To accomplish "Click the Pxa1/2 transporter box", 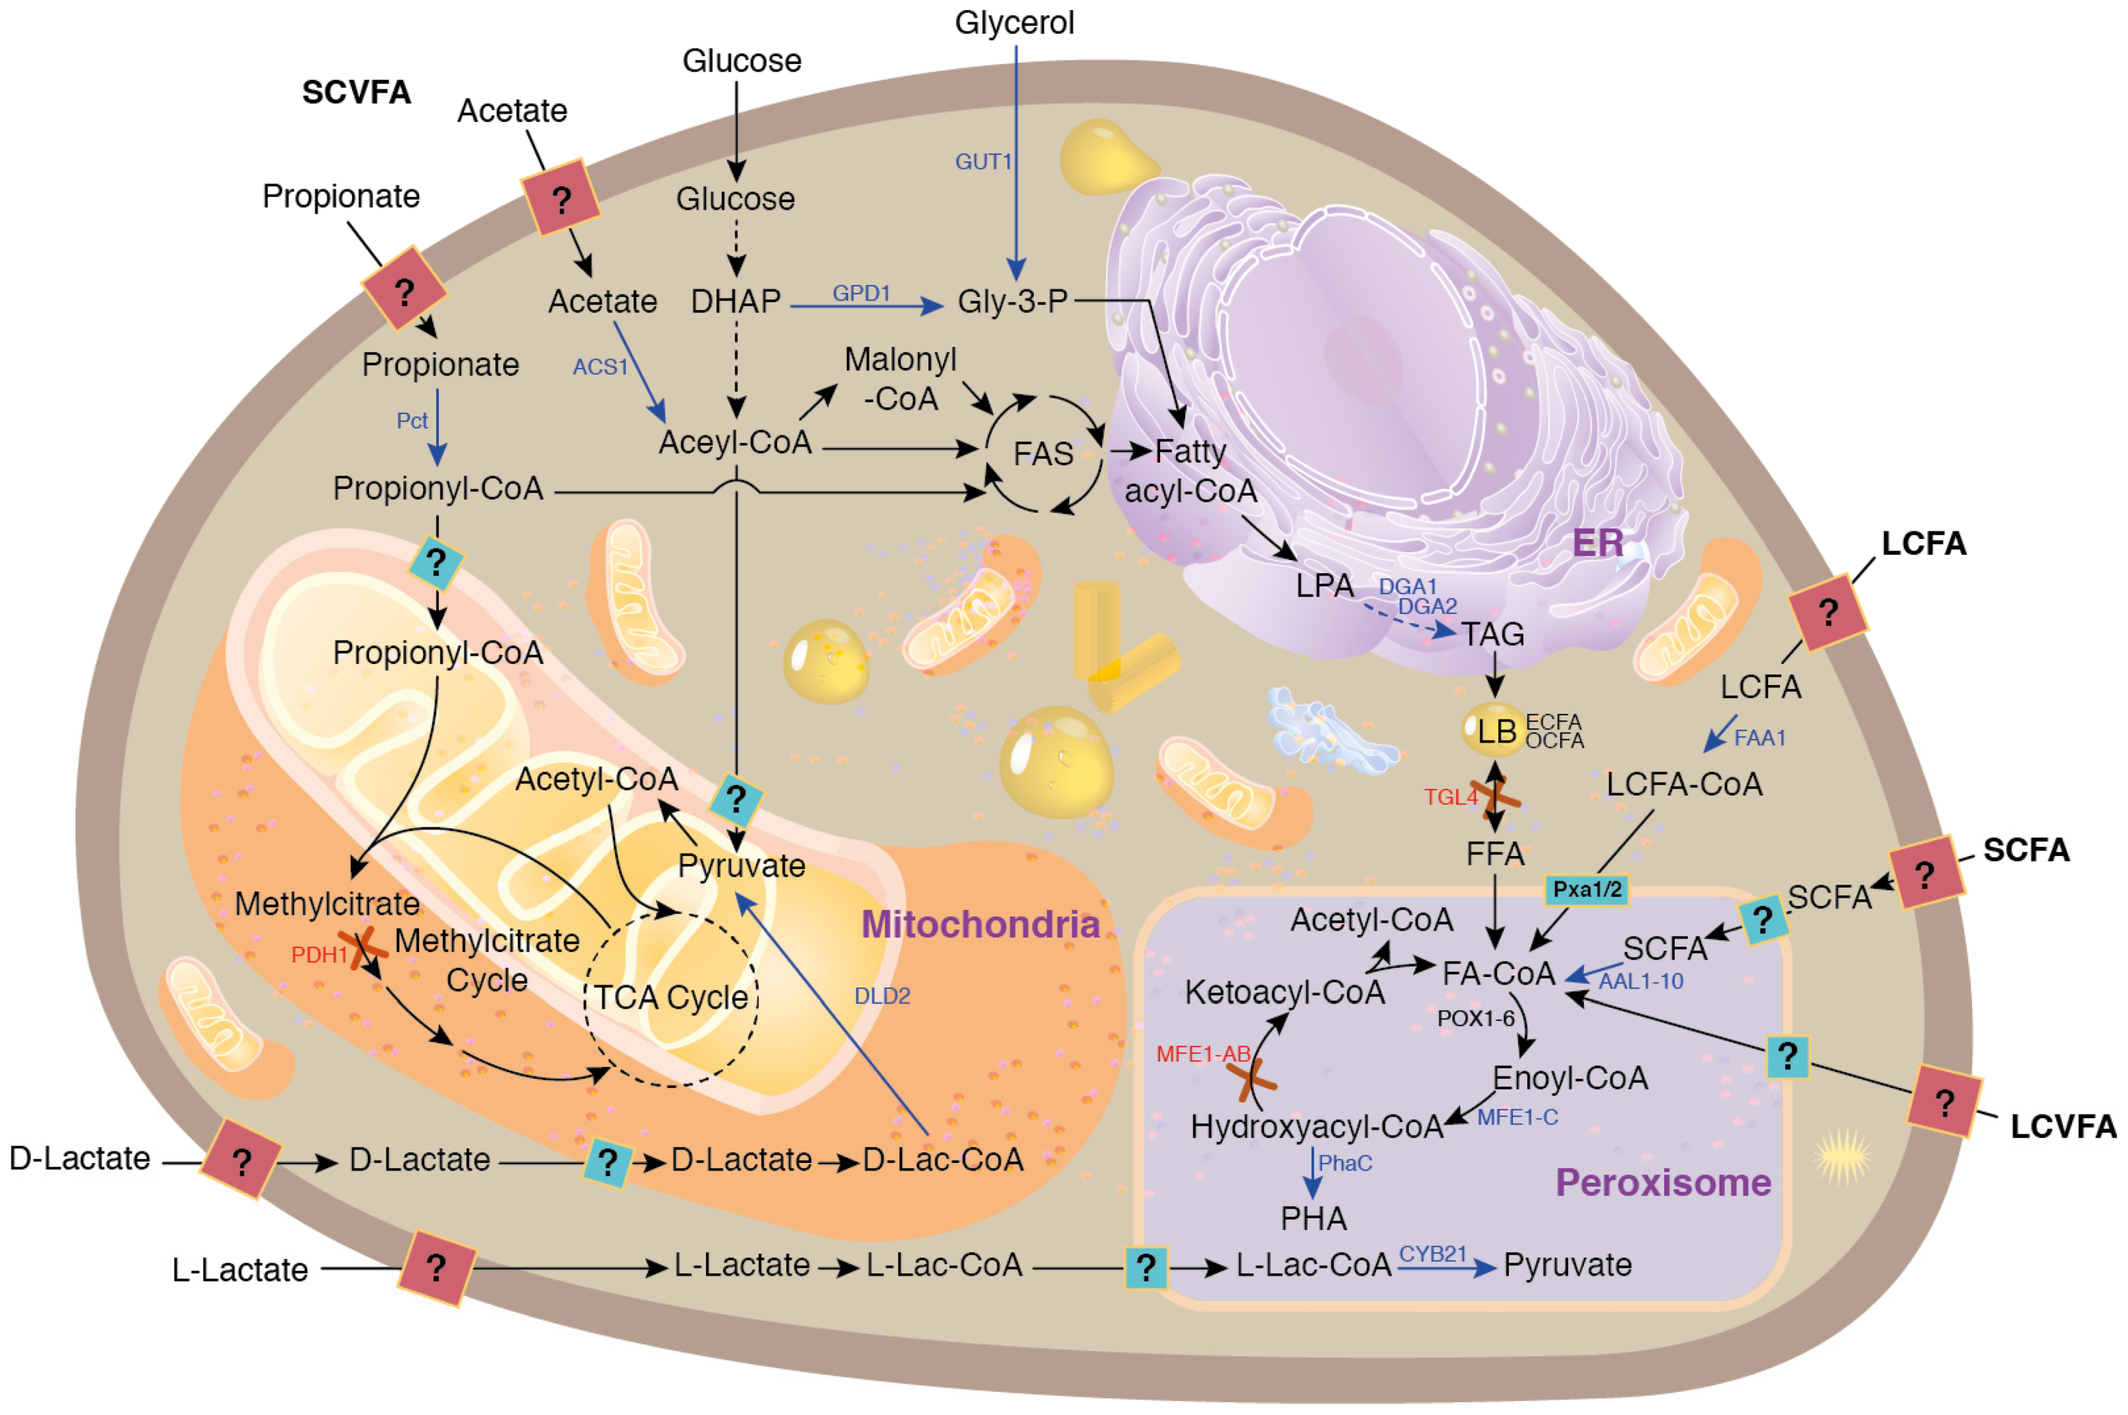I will [x=1587, y=890].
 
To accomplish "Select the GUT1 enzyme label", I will [x=983, y=161].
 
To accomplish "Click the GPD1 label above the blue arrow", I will [x=861, y=294].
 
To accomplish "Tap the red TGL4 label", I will [x=1450, y=797].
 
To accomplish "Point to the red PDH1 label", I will [x=319, y=955].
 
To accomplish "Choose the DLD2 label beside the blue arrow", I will [x=882, y=997].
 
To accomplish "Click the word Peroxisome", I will [x=1662, y=1182].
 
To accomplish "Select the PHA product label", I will [x=1313, y=1219].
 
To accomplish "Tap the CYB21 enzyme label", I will [x=1432, y=1254].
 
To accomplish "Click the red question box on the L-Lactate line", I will [x=436, y=1268].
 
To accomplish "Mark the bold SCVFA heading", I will [x=356, y=92].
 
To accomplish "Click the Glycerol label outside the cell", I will [x=1014, y=22].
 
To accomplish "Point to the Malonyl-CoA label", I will [x=900, y=379].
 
